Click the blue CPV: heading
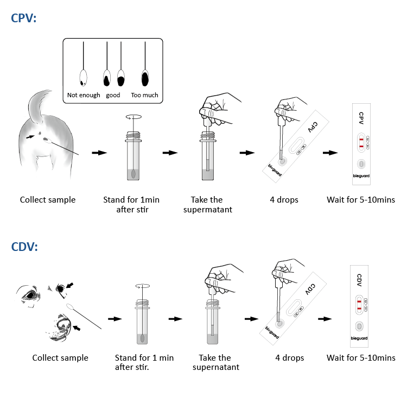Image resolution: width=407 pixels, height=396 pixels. (24, 18)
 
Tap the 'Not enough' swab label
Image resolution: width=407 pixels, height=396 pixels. (84, 95)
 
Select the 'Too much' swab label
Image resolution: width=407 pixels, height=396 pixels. (144, 95)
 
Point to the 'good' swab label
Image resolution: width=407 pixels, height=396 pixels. (113, 95)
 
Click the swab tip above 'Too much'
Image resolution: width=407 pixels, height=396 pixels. (145, 79)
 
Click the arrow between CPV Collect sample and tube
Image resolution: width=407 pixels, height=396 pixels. (99, 153)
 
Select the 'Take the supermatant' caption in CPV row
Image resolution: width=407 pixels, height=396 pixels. (208, 205)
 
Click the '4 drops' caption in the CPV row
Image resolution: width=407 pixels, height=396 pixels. (284, 200)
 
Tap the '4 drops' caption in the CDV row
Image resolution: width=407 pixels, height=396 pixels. (289, 358)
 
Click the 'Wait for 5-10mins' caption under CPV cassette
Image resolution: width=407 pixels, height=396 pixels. (361, 200)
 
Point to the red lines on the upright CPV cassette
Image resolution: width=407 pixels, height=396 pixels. (360, 143)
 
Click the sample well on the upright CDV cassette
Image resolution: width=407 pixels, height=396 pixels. (359, 326)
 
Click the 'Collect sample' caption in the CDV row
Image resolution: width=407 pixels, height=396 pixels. (60, 358)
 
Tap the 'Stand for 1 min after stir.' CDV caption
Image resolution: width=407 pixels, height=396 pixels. (144, 362)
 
